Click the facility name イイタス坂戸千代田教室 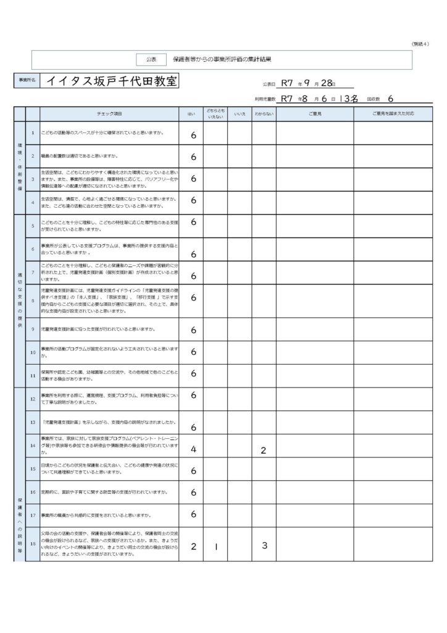pos(112,82)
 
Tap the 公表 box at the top pos(151,59)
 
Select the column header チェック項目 pos(109,114)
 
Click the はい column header pos(191,114)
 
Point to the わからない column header pos(264,114)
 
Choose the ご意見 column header pos(314,114)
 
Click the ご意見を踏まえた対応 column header pos(393,114)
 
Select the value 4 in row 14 pos(193,449)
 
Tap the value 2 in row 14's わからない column pos(264,451)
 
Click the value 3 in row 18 pos(264,546)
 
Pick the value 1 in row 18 pos(215,547)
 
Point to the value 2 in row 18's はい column pos(193,547)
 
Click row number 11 pos(33,375)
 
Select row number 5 pos(33,226)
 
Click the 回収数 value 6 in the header pos(391,98)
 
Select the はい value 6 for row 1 pos(193,135)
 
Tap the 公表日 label pos(269,83)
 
